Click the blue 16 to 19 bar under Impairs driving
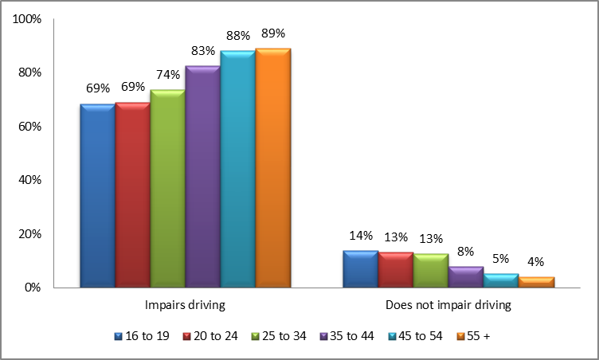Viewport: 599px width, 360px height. [x=97, y=196]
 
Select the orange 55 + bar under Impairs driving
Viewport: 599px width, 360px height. [x=273, y=168]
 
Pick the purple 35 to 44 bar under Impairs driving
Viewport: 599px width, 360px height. [x=202, y=177]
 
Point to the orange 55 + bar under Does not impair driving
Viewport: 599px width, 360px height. [x=536, y=282]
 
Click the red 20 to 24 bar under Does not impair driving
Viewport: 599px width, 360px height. [x=396, y=270]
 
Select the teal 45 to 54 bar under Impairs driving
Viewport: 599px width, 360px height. [x=237, y=170]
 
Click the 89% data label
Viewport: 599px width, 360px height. [x=272, y=33]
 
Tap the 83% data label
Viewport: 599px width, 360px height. [x=202, y=50]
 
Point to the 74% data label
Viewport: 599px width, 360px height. [x=168, y=74]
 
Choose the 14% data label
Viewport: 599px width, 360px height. [x=361, y=236]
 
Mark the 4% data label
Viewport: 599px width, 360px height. [x=536, y=262]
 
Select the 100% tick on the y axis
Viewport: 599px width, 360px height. [x=28, y=19]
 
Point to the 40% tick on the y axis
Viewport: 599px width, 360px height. [x=31, y=180]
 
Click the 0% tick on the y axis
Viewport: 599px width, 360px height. [x=34, y=288]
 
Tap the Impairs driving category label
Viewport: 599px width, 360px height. [x=185, y=304]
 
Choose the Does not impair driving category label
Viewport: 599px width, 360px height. [x=448, y=304]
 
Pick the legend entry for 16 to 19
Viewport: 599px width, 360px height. [x=141, y=336]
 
